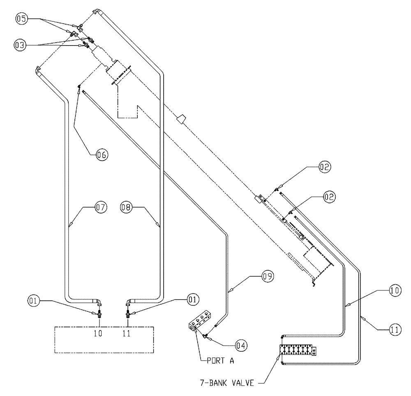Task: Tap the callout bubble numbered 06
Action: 102,155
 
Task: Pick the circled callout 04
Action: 241,346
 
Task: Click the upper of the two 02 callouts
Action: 323,168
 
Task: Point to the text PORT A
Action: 222,363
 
